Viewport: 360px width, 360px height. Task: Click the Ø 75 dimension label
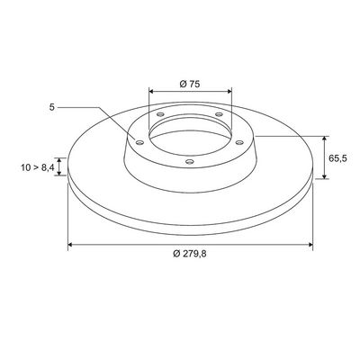pyautogui.click(x=190, y=84)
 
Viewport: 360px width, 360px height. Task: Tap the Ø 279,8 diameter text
pyautogui.click(x=190, y=254)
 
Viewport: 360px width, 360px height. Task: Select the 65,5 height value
pyautogui.click(x=337, y=158)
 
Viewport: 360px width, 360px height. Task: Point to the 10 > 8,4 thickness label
pyautogui.click(x=38, y=167)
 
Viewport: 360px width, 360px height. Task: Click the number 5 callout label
pyautogui.click(x=52, y=107)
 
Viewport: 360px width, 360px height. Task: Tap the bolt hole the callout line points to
pyautogui.click(x=139, y=142)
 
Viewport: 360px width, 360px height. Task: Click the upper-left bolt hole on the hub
pyautogui.click(x=161, y=114)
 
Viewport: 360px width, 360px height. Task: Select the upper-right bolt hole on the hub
pyautogui.click(x=220, y=114)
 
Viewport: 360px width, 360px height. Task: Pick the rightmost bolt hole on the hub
pyautogui.click(x=239, y=142)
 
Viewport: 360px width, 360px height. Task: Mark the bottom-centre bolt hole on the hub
pyautogui.click(x=190, y=162)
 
